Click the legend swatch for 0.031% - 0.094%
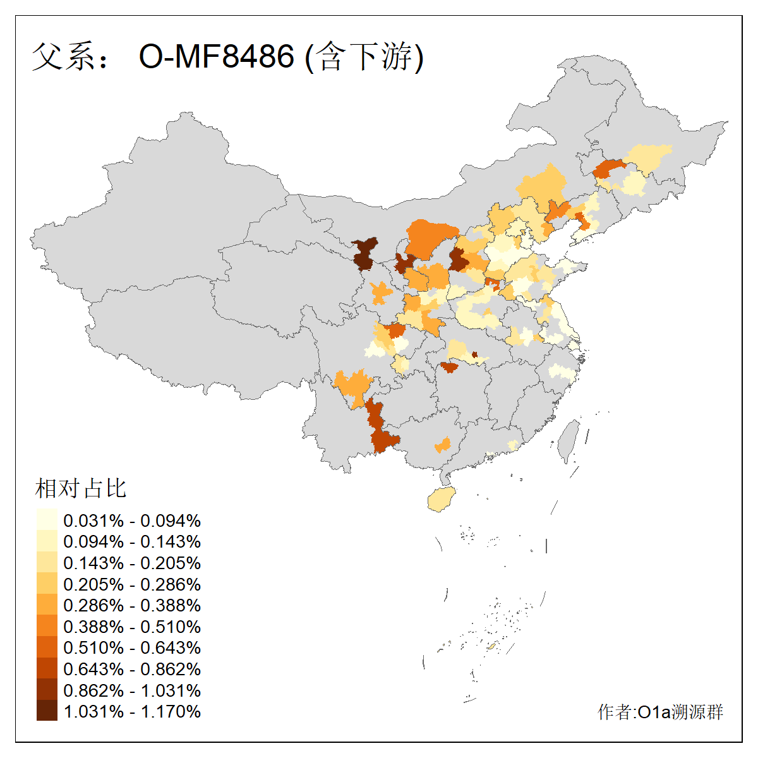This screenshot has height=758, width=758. click(47, 520)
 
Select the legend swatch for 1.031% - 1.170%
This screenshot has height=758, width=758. click(47, 711)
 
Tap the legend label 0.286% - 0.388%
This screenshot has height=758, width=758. click(132, 605)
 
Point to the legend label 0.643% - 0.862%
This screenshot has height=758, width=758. click(132, 669)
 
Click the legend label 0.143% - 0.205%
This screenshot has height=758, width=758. click(132, 563)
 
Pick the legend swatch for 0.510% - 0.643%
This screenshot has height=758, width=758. click(47, 647)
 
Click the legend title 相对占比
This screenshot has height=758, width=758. click(81, 488)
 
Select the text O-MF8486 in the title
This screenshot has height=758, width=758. click(217, 57)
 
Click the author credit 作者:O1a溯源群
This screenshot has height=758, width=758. click(660, 712)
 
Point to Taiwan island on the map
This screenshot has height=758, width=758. click(569, 440)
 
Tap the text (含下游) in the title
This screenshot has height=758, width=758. click(364, 57)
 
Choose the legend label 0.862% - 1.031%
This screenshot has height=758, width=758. click(132, 690)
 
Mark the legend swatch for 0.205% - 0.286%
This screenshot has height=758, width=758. click(47, 584)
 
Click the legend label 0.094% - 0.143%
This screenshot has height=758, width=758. click(132, 541)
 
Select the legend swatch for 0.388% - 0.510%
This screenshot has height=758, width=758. click(47, 627)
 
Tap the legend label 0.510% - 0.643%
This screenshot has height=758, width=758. click(132, 647)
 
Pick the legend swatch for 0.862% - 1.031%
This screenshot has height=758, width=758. click(47, 690)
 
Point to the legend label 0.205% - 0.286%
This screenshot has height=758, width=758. click(132, 584)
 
